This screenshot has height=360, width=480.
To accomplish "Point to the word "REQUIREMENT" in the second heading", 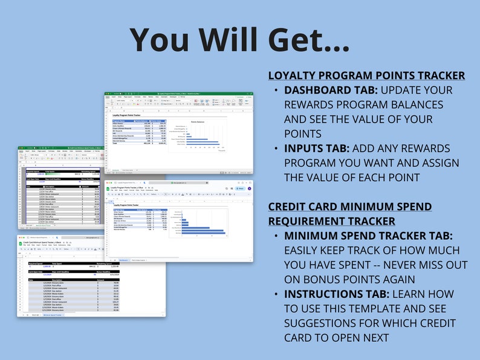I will click(308, 221).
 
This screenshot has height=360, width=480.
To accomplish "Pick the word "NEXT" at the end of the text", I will click(377, 338).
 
